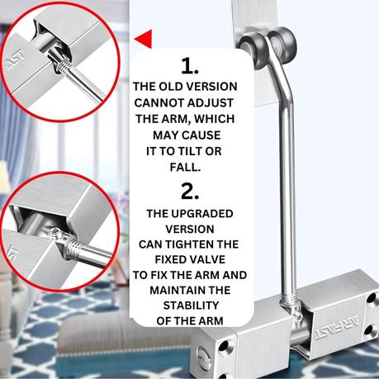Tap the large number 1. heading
(190, 66)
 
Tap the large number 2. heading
(190, 192)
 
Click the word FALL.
(185, 167)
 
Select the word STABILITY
(191, 306)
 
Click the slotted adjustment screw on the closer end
(204, 358)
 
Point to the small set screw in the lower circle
(55, 234)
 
